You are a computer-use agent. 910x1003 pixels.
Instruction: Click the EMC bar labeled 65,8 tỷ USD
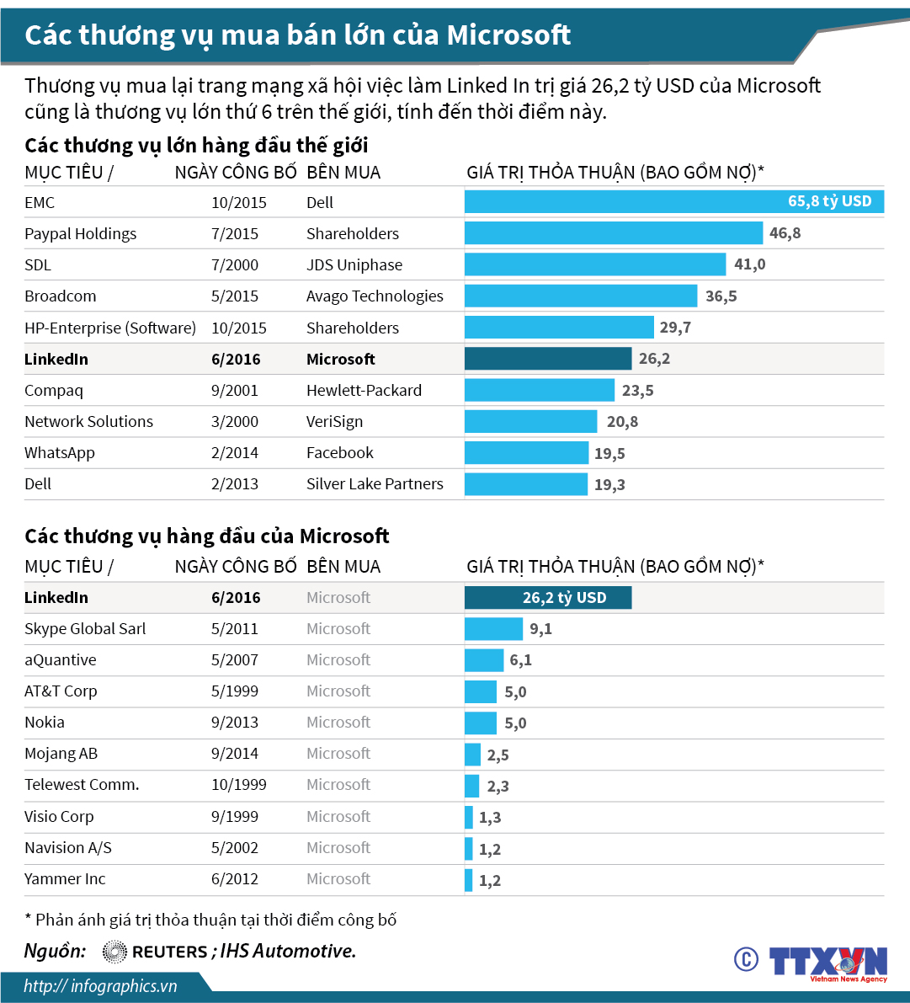(x=673, y=202)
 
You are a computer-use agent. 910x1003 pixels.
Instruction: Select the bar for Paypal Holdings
(x=614, y=233)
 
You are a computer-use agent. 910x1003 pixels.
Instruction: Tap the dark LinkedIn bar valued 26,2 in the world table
(x=548, y=359)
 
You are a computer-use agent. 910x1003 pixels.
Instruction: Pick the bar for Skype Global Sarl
(x=493, y=629)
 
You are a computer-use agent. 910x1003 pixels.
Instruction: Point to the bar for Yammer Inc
(x=469, y=880)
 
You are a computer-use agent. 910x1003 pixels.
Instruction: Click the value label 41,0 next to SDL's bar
(x=749, y=264)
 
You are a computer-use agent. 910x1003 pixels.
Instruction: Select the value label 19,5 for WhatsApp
(x=609, y=454)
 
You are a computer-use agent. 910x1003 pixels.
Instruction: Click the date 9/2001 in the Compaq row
(x=235, y=391)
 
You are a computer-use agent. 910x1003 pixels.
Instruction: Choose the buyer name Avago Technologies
(x=375, y=296)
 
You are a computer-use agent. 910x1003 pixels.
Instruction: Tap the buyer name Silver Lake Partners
(x=375, y=484)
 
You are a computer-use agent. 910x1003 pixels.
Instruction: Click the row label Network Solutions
(x=88, y=422)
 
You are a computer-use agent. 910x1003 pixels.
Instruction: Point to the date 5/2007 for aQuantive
(x=235, y=660)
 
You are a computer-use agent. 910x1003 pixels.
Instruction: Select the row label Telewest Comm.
(x=82, y=785)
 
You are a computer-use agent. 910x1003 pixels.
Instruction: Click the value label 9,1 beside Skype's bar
(x=540, y=629)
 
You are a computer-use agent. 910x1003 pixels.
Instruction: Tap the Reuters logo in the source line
(x=155, y=952)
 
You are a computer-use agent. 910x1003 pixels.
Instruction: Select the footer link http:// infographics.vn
(x=100, y=986)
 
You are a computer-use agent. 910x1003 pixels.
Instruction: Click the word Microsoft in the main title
(x=508, y=35)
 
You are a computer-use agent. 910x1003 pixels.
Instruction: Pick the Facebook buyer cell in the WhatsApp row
(x=340, y=453)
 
